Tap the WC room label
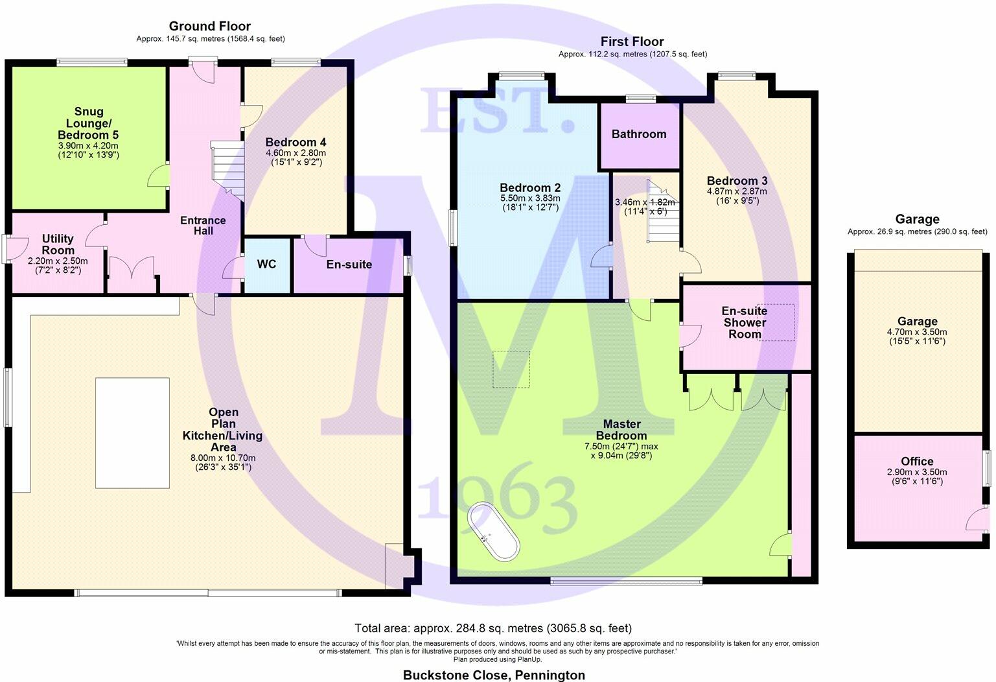tap(266, 265)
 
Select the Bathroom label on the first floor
tap(639, 134)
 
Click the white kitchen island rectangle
tap(132, 433)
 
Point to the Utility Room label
tap(58, 244)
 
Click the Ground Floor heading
tap(210, 26)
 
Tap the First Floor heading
tap(632, 42)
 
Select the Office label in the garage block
tap(917, 462)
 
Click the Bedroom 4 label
tap(295, 143)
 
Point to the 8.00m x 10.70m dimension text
tap(223, 458)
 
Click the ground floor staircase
tap(227, 171)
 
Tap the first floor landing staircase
tap(664, 211)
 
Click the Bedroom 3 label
tap(737, 181)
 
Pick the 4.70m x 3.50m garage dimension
tap(917, 332)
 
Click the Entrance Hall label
tap(203, 226)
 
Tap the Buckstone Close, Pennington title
tap(494, 675)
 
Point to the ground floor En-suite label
tap(349, 265)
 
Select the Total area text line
tap(493, 628)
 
